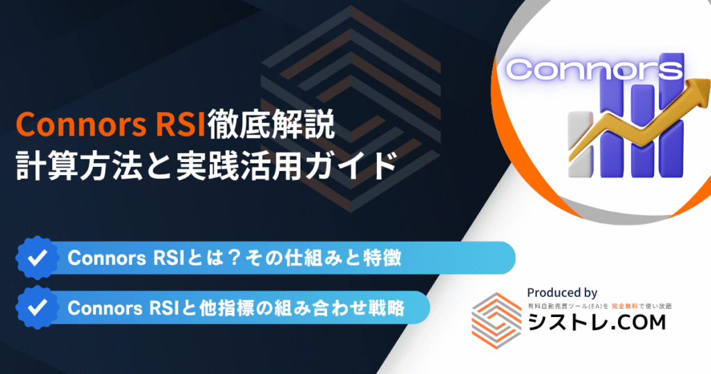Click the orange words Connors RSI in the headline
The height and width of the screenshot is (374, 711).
point(111,124)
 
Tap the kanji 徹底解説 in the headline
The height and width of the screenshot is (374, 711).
point(271,124)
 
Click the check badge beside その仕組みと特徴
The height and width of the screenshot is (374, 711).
point(37,258)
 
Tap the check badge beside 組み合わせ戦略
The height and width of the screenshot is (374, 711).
point(37,307)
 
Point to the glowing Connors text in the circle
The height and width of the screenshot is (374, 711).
point(594,70)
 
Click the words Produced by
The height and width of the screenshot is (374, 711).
point(562,293)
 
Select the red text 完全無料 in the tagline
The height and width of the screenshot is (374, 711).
point(624,307)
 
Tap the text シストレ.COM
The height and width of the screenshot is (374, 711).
point(596,323)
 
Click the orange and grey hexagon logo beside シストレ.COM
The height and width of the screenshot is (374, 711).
point(496,321)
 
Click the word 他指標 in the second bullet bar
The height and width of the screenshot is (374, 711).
point(226,308)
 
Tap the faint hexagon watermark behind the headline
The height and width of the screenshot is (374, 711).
point(351,109)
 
